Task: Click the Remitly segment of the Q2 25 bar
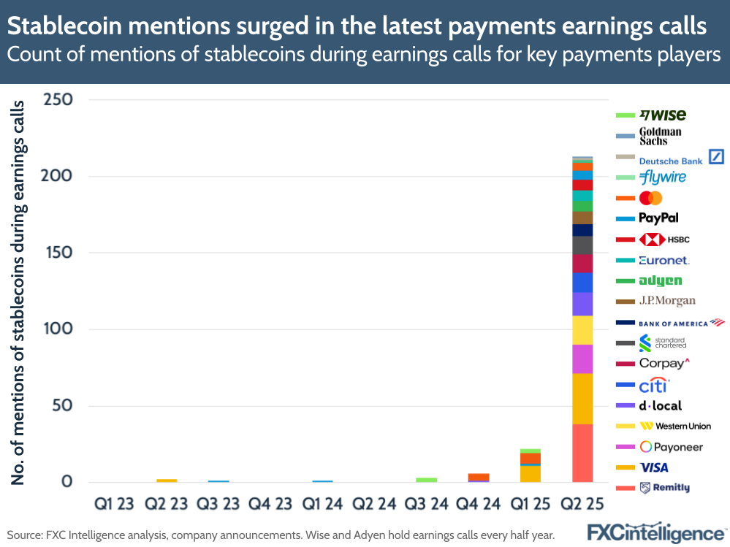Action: point(582,453)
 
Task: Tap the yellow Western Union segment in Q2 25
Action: point(582,330)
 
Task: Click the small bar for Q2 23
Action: point(167,481)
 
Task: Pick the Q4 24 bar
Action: point(479,478)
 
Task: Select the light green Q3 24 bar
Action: point(427,480)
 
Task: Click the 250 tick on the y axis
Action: point(58,100)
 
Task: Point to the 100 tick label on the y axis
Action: point(58,329)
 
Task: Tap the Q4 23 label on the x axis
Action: point(270,503)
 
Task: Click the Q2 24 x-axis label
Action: point(374,503)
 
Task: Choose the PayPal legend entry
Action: point(658,218)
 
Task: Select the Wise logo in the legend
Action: point(663,115)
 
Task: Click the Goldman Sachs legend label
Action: point(660,136)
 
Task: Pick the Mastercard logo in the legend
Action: point(650,198)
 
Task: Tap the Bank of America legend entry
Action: point(680,322)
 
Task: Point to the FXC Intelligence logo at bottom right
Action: point(657,532)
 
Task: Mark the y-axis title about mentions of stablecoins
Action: point(17,292)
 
